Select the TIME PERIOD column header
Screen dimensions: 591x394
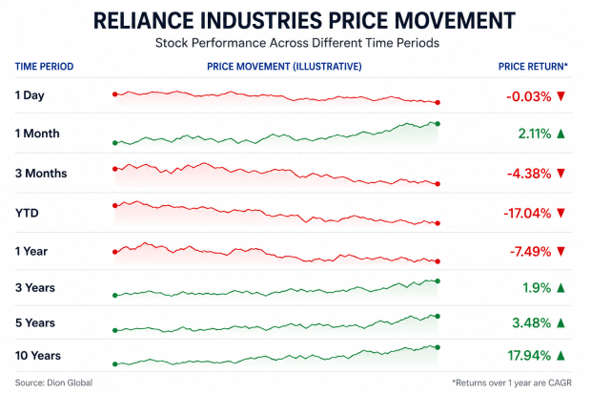click(x=44, y=67)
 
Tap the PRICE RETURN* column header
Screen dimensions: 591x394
click(x=533, y=67)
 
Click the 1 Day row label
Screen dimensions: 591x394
click(x=30, y=95)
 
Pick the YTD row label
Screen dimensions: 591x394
click(x=27, y=214)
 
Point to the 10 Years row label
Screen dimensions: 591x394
click(x=38, y=356)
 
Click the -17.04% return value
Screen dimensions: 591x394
click(x=527, y=214)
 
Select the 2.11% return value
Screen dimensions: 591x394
click(x=535, y=134)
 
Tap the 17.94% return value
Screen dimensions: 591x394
click(x=529, y=356)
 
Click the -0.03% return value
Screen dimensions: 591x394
click(x=529, y=96)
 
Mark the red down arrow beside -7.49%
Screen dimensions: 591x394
click(x=560, y=251)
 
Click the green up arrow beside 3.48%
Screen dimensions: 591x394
click(x=560, y=322)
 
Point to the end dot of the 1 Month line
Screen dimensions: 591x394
click(x=438, y=124)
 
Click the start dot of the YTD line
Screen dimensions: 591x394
click(x=115, y=206)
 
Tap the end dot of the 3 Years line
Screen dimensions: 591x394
click(x=438, y=281)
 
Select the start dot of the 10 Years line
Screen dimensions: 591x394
click(x=115, y=364)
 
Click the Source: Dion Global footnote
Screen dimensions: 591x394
click(x=53, y=384)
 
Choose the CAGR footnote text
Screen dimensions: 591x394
click(x=512, y=384)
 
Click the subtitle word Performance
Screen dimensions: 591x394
click(x=229, y=43)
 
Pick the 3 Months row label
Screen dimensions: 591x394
click(x=41, y=174)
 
